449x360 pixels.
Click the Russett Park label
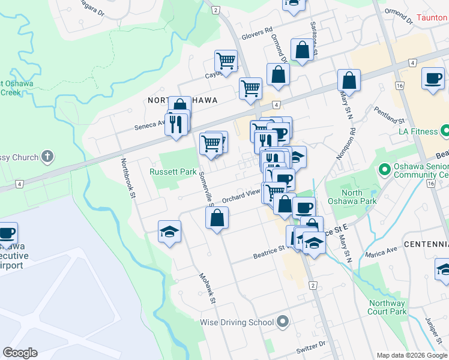click(x=173, y=172)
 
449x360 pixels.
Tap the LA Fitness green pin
click(x=445, y=130)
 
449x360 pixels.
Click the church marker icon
click(x=47, y=157)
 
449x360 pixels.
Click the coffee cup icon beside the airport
click(x=7, y=232)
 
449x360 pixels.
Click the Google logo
click(x=20, y=353)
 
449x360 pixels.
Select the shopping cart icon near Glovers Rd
click(x=226, y=61)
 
